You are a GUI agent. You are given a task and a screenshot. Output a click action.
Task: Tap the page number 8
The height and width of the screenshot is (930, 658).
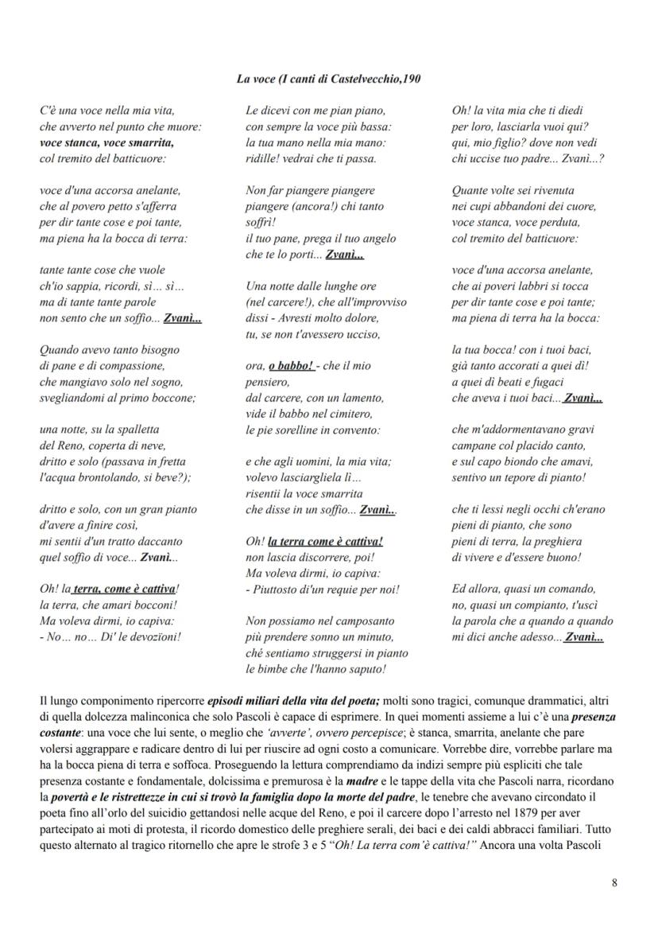pos(614,881)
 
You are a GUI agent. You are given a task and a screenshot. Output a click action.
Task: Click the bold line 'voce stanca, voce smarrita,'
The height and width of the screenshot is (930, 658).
pos(106,142)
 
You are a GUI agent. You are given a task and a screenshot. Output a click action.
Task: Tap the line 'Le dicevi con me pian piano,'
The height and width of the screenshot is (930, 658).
pos(315,111)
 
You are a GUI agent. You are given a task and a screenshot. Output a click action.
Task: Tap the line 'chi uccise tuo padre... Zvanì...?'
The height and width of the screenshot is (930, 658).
pos(528,158)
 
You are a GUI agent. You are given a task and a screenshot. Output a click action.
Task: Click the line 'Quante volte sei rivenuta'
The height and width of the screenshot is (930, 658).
pos(513,190)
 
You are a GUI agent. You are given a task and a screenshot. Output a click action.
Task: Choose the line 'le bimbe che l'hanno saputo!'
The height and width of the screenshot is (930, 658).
pos(315,668)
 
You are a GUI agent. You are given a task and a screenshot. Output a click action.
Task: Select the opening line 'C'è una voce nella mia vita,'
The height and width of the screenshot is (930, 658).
pos(106,111)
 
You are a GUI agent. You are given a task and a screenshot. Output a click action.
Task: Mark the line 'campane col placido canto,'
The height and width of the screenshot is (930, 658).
pos(518,446)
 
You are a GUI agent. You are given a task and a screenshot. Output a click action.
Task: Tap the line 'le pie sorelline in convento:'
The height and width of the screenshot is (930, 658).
pos(312,430)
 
